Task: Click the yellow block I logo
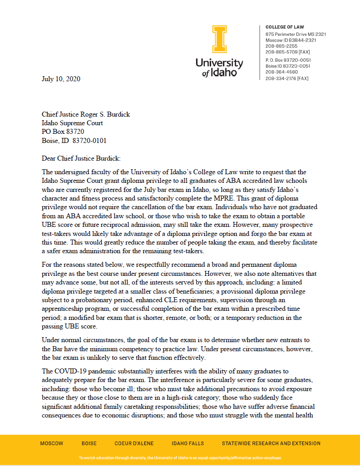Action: [219, 39]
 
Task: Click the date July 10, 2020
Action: [61, 79]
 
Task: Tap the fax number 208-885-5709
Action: [287, 52]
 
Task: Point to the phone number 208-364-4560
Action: [281, 72]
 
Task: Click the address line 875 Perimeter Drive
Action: [296, 34]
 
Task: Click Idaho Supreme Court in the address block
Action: [72, 123]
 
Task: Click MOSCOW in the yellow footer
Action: [52, 443]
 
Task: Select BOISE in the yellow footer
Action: [89, 443]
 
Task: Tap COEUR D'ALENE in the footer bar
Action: [134, 443]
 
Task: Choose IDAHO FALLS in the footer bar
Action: [187, 443]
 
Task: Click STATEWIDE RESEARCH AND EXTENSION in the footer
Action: [271, 443]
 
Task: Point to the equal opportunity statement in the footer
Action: [180, 458]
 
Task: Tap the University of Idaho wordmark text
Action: [219, 68]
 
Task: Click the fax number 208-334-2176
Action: [287, 78]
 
